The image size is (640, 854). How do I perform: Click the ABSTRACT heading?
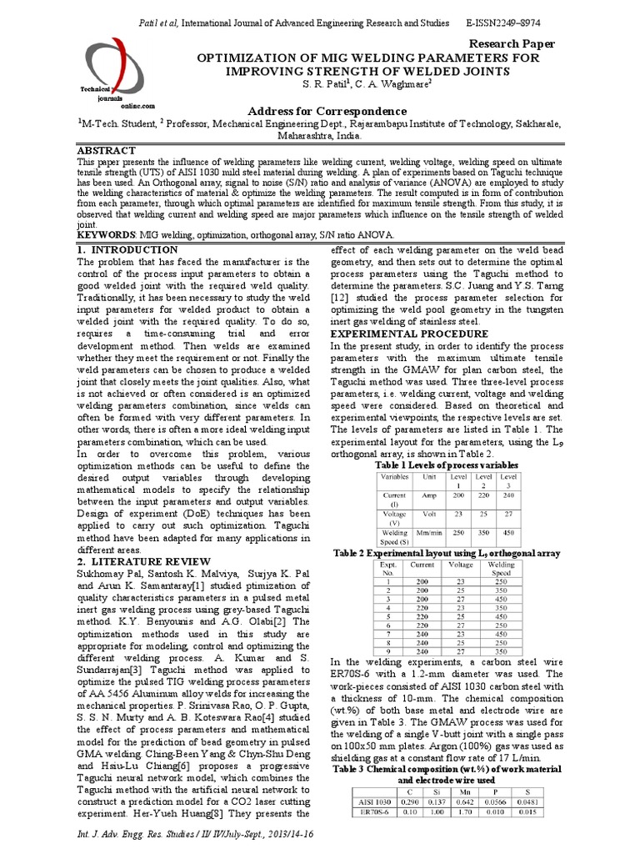(106, 150)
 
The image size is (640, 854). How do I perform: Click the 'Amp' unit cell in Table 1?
(430, 495)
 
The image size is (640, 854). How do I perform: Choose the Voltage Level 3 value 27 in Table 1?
(507, 515)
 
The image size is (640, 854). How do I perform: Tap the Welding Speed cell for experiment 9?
(502, 651)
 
